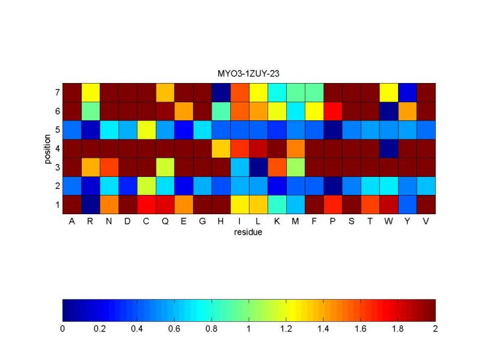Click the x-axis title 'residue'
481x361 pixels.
248,231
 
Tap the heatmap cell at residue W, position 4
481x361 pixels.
388,149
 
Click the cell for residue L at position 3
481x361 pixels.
258,167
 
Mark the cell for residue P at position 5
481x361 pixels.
332,130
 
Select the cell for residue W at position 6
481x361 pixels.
388,111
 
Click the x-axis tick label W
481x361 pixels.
388,221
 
